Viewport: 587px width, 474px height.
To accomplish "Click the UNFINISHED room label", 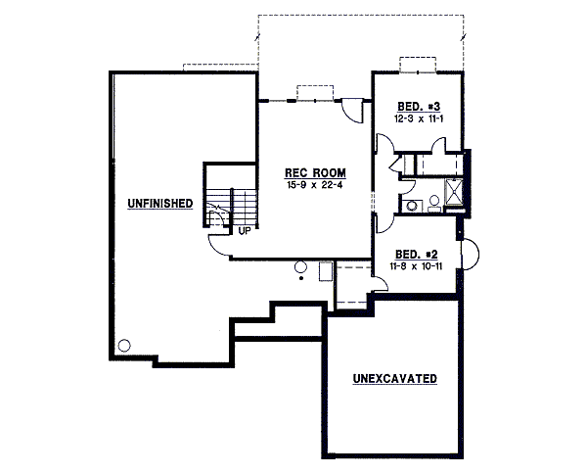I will (158, 204).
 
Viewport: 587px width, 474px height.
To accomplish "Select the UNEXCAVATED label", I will (394, 378).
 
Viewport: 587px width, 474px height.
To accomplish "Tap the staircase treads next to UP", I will (243, 207).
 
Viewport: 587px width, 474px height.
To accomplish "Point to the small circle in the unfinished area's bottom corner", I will (124, 345).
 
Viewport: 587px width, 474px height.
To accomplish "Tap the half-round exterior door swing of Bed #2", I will (470, 255).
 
